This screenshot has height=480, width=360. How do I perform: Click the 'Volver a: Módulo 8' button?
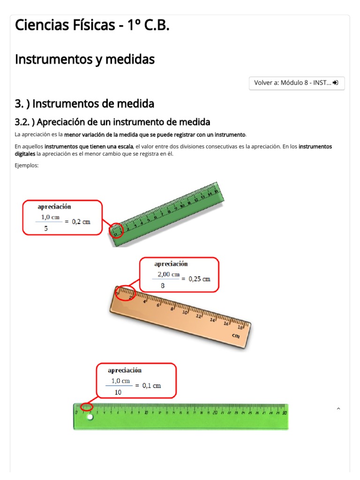(x=297, y=83)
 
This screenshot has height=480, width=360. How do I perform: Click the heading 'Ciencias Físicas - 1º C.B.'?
(x=92, y=25)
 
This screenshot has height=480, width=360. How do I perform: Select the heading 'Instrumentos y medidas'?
(x=85, y=60)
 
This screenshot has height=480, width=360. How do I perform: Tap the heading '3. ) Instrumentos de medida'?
(x=84, y=103)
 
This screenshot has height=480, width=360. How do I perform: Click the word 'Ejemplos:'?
(x=26, y=165)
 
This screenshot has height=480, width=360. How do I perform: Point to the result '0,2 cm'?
(x=81, y=222)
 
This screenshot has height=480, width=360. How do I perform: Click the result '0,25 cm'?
(x=199, y=278)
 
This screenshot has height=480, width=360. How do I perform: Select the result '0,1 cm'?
(x=151, y=385)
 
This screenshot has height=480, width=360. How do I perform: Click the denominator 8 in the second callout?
(x=163, y=285)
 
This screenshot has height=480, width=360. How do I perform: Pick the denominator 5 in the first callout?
(x=46, y=228)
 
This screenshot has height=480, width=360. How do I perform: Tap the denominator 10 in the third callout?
(x=118, y=392)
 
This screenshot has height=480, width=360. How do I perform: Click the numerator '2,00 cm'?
(x=168, y=274)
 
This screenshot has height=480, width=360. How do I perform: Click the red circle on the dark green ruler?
(x=117, y=230)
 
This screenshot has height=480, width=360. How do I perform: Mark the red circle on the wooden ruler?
(x=125, y=293)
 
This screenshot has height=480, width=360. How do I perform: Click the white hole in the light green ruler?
(x=90, y=417)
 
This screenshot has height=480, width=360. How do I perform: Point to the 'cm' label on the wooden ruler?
(x=236, y=336)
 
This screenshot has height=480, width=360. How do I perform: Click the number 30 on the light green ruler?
(x=284, y=413)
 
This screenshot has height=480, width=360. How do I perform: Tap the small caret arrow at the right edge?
(x=338, y=409)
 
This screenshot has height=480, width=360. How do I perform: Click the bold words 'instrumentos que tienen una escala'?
(x=89, y=146)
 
